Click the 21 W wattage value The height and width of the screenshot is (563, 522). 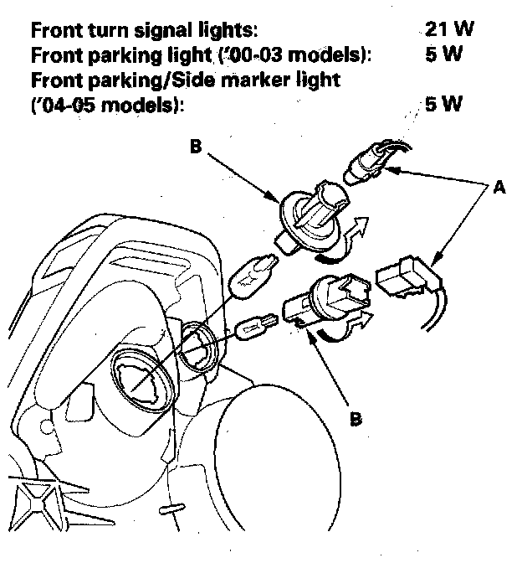pyautogui.click(x=448, y=31)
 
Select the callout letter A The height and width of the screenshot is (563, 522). pyautogui.click(x=499, y=189)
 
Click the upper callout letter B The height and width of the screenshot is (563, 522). pyautogui.click(x=195, y=147)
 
